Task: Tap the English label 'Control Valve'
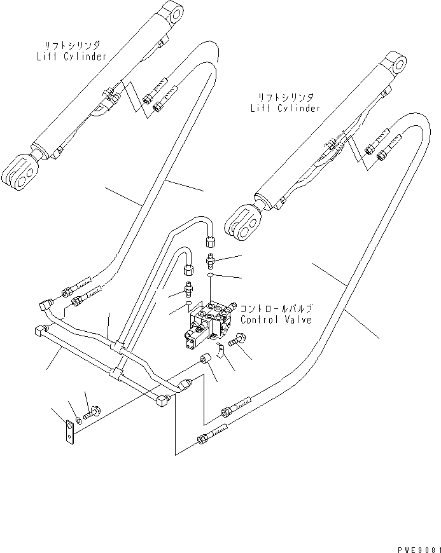pos(276,320)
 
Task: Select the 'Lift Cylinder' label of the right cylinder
pos(285,108)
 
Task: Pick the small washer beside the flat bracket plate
pos(78,420)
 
